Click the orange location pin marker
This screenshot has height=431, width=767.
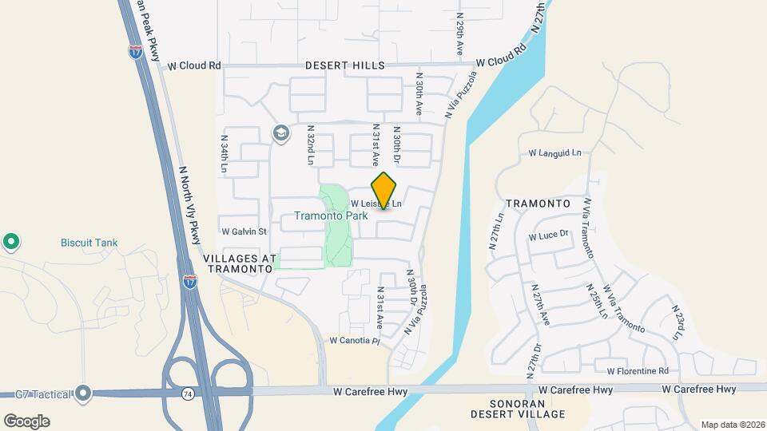(384, 191)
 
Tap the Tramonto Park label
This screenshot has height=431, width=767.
(331, 215)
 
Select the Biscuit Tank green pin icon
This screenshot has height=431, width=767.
(11, 241)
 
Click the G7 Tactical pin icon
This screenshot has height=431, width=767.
(84, 393)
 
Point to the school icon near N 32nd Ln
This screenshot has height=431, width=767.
(280, 132)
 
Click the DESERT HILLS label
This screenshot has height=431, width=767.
(349, 65)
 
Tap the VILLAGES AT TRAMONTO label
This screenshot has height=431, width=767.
(240, 264)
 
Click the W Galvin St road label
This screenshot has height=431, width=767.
(244, 231)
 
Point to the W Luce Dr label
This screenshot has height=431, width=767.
(547, 235)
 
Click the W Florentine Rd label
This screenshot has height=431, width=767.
(637, 371)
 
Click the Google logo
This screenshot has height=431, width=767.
(26, 421)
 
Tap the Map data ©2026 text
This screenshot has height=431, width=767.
(731, 425)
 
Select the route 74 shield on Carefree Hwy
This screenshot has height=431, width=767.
(186, 393)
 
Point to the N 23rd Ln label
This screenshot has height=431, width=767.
(678, 322)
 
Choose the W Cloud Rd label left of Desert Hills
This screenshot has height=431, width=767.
(193, 66)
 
